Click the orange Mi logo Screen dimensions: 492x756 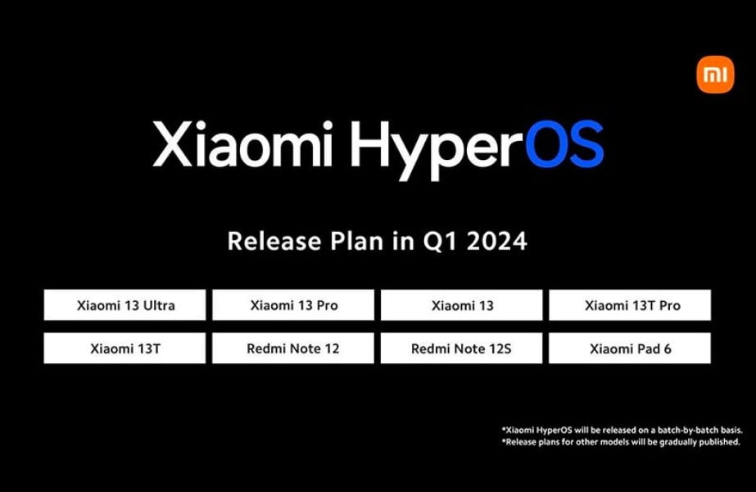[715, 75]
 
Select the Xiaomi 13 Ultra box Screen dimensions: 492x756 [124, 305]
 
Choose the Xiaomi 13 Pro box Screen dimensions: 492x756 [293, 305]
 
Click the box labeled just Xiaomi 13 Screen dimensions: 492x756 [462, 305]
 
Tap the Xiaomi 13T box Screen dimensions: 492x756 [124, 348]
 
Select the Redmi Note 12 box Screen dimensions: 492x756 [293, 348]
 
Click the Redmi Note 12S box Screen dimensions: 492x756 [462, 348]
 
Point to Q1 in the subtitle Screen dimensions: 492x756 [436, 243]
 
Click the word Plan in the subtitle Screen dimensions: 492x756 [353, 242]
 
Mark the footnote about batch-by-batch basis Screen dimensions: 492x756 [622, 429]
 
